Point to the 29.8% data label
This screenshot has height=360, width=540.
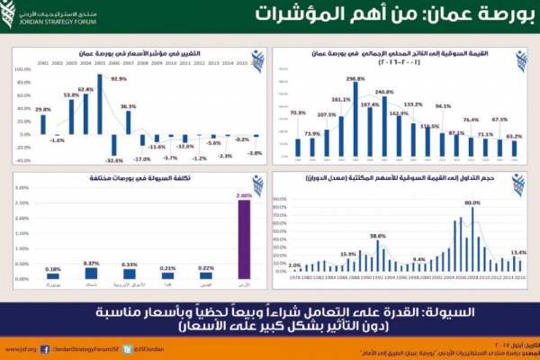click(x=41, y=109)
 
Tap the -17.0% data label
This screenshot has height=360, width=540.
click(x=142, y=158)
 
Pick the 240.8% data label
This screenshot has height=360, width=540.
click(x=384, y=92)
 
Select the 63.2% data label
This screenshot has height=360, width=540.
click(x=513, y=137)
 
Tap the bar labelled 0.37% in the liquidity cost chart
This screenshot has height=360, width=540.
click(x=91, y=274)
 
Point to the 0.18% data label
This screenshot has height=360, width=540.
click(x=53, y=268)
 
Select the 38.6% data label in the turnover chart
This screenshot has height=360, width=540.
click(x=379, y=236)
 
